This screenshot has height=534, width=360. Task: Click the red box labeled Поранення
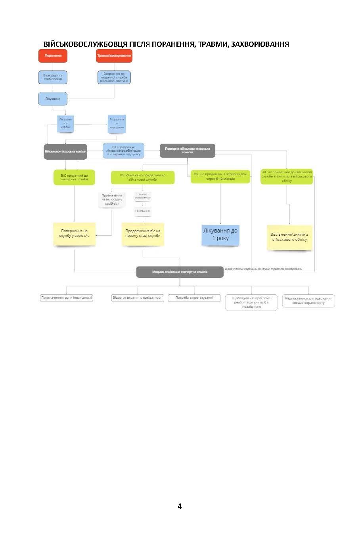click(53, 56)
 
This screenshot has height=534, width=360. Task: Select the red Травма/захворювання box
click(114, 56)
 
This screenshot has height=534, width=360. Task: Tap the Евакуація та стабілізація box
click(53, 77)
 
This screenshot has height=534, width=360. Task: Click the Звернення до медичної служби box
click(114, 77)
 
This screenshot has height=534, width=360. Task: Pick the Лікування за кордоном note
click(117, 124)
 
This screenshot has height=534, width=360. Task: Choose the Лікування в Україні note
click(65, 123)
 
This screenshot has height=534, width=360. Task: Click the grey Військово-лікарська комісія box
click(65, 152)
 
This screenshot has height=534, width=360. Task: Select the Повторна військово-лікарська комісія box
click(187, 151)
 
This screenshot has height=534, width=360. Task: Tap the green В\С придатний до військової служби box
click(75, 177)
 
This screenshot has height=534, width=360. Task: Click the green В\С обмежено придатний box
click(143, 177)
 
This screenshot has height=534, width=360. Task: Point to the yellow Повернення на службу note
click(75, 234)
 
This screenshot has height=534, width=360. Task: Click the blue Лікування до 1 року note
click(220, 234)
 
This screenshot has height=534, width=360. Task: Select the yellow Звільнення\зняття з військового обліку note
click(289, 237)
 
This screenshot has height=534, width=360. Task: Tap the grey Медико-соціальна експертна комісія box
click(180, 272)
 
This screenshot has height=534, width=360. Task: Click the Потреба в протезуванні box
click(194, 298)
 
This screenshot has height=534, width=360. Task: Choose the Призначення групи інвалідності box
click(67, 298)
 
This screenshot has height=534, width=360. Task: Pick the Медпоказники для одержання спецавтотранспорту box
click(308, 301)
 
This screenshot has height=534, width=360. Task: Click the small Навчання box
click(143, 211)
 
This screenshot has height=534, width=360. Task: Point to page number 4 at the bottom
click(180, 506)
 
